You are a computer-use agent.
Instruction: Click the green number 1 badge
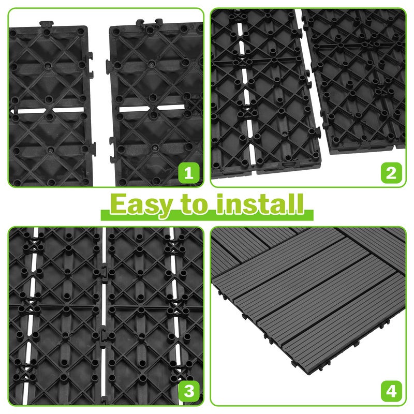188,173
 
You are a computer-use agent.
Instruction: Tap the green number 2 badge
391,173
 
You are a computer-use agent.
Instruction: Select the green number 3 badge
188,391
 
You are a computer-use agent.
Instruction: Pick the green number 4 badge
391,391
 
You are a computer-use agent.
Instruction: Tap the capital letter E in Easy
119,204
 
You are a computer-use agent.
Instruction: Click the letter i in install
220,204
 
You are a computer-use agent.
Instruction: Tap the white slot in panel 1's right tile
151,109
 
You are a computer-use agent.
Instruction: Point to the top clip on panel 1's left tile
47,23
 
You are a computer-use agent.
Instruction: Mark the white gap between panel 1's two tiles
101,106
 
